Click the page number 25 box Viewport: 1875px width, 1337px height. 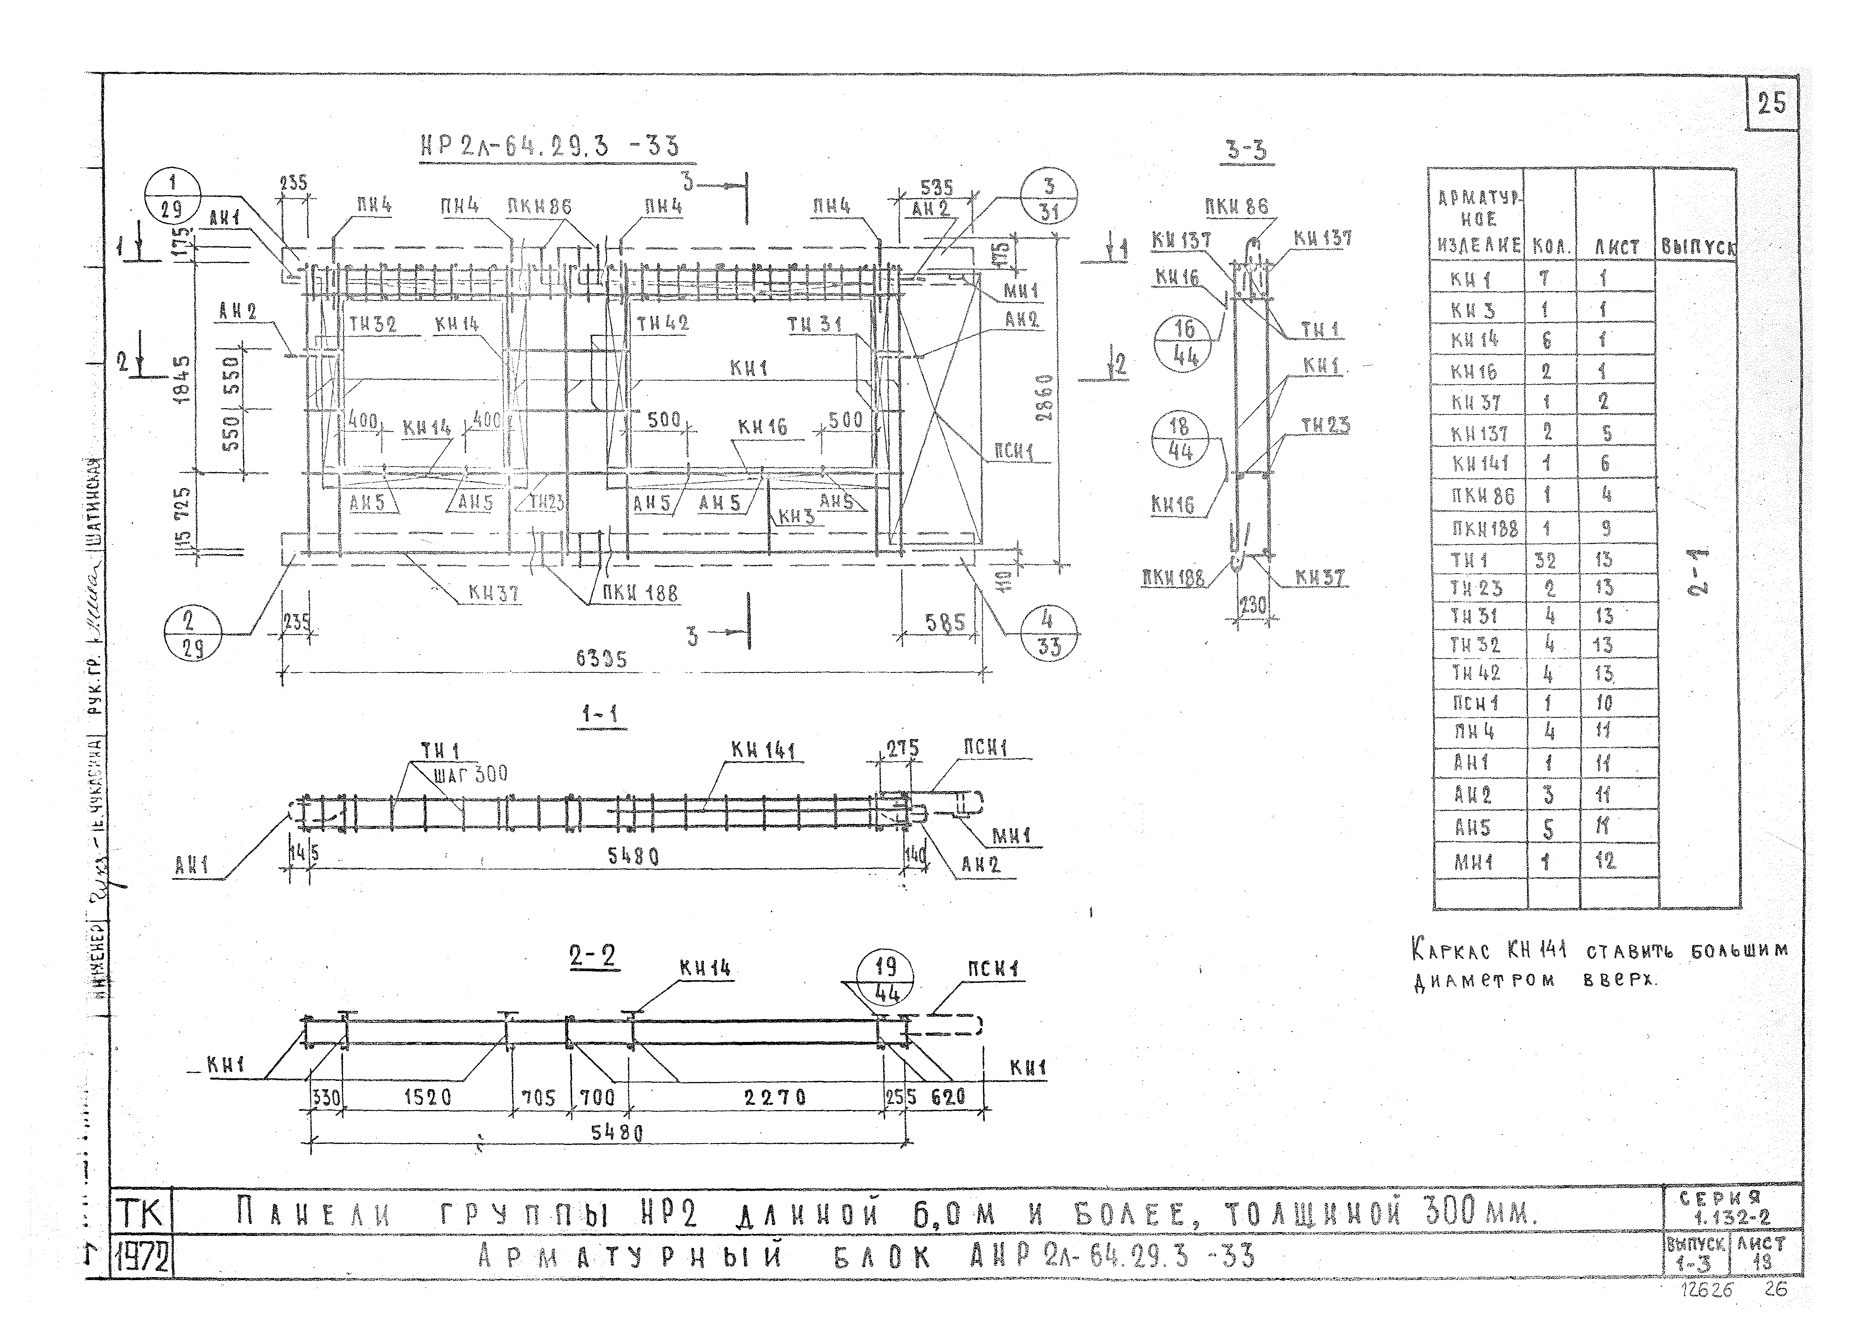(1771, 104)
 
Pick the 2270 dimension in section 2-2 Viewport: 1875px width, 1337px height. (774, 1097)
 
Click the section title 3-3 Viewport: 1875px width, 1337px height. (1246, 150)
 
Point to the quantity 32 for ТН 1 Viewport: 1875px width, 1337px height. (1546, 560)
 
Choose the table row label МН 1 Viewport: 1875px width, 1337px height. (1474, 862)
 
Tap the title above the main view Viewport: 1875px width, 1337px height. (549, 146)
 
